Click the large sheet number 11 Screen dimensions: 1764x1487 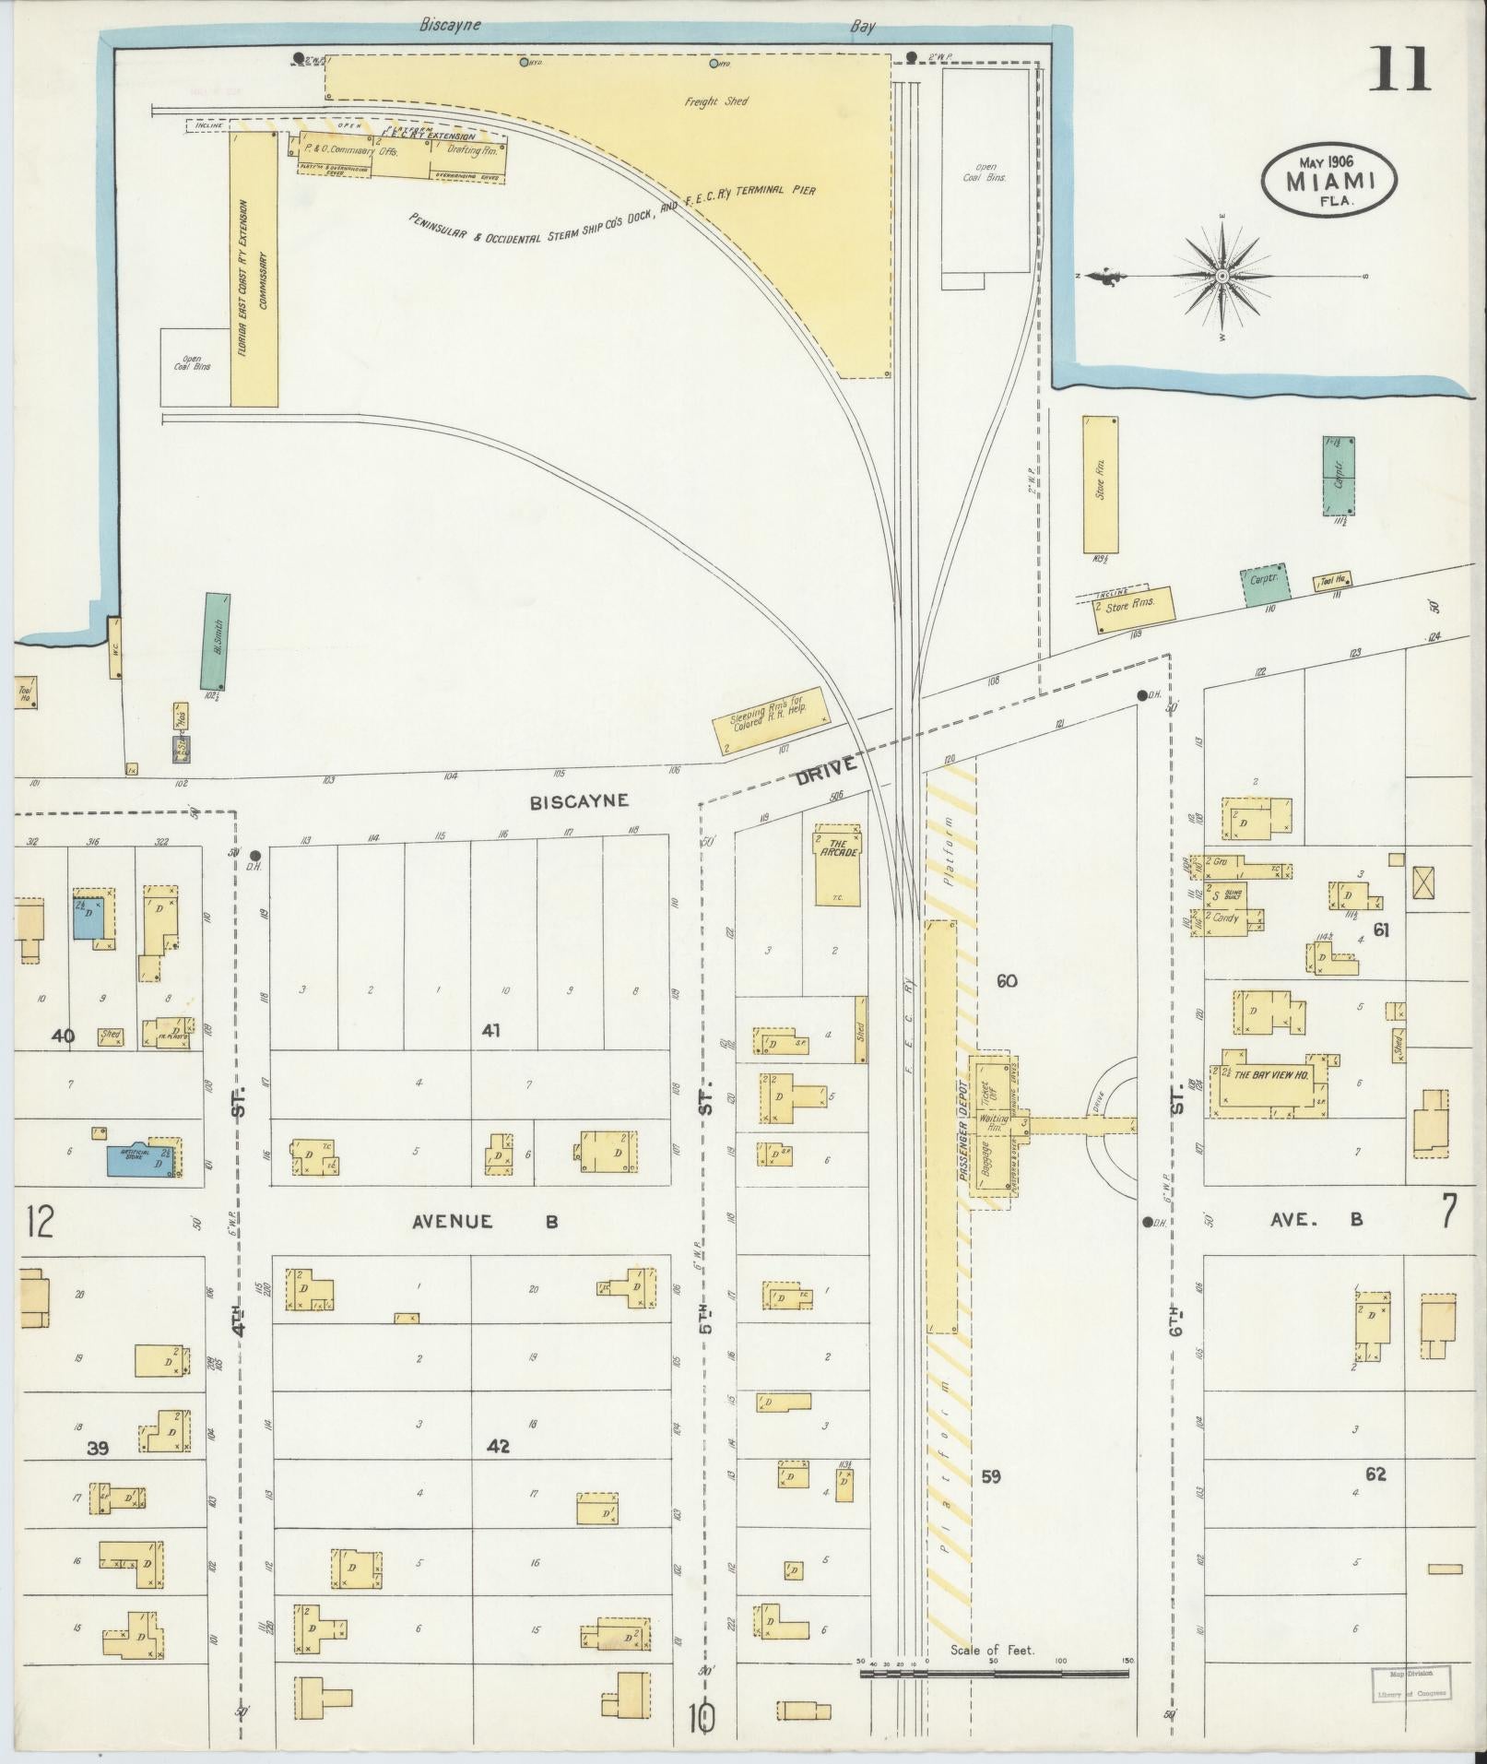click(1398, 70)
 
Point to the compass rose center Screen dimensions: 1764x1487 click(1221, 276)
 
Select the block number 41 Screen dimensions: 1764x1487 click(490, 1030)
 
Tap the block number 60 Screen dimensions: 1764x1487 click(1007, 980)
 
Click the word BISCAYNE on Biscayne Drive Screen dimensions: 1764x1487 click(579, 801)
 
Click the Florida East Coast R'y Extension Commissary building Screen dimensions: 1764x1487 click(254, 267)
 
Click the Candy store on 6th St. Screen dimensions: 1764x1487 click(1227, 918)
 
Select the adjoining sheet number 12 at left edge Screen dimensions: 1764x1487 click(41, 1223)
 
